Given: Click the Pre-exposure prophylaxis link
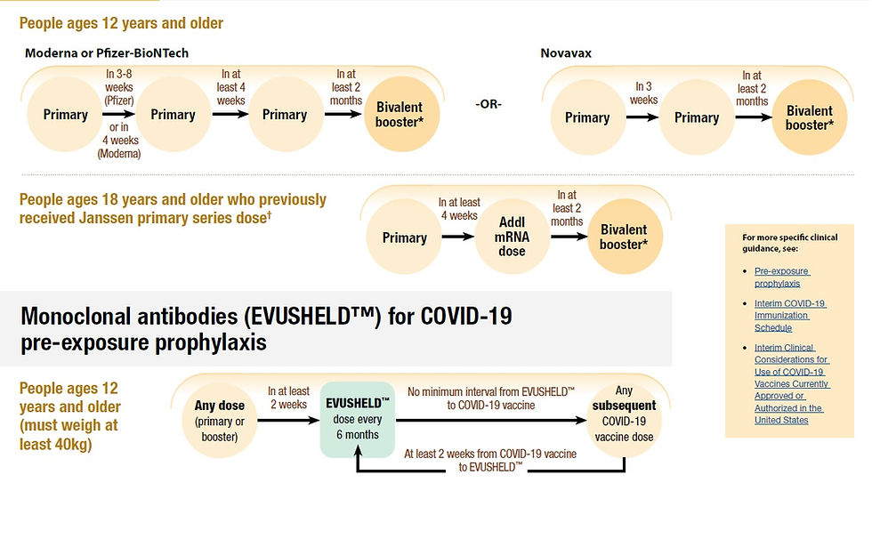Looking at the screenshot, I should pos(782,277).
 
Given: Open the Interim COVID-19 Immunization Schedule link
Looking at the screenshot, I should pos(790,315).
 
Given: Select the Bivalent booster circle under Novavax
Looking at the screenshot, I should pos(809,118).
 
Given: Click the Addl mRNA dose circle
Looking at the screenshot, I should pos(512,237).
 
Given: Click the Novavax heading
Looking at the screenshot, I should pos(566,53).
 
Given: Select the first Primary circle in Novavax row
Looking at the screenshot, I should pos(587,117).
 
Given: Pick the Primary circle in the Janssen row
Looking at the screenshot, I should pos(404,237).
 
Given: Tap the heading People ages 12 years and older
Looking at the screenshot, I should pos(121,22).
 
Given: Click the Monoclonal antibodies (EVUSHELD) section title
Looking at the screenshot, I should pos(265,328).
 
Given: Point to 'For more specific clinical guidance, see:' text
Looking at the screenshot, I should pos(777,243).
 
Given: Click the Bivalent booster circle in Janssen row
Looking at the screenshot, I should pos(624,237).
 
